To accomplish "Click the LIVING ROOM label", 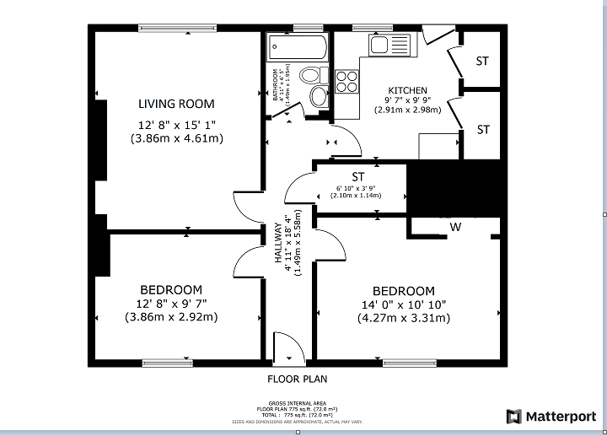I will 176,104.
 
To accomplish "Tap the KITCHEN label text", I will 407,90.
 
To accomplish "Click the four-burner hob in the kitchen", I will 346,81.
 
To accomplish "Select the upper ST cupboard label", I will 482,61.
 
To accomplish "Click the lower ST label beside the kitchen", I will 483,130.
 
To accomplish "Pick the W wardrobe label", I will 455,226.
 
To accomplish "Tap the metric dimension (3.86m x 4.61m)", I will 176,138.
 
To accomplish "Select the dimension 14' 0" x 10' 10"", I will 404,304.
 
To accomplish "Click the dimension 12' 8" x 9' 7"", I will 171,304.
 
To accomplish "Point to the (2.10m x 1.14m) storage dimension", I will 358,196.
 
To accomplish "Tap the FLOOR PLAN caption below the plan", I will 297,379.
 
